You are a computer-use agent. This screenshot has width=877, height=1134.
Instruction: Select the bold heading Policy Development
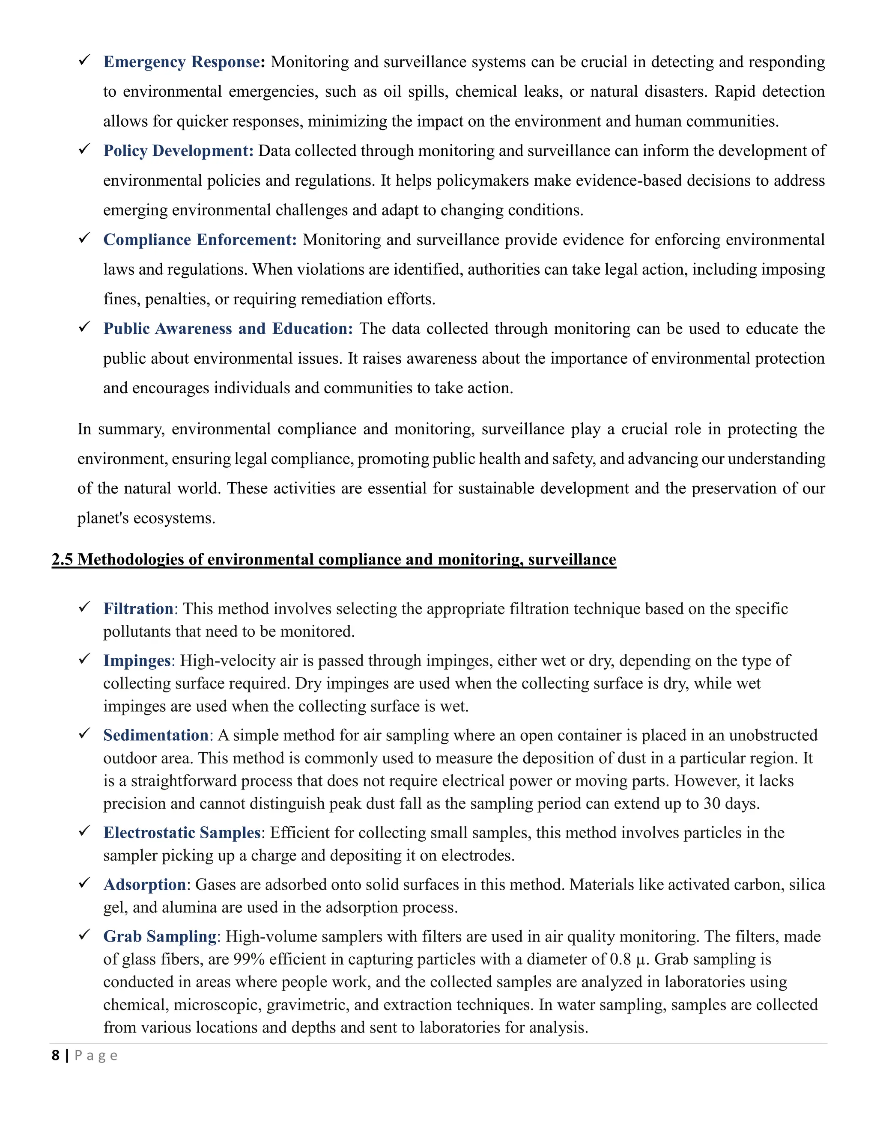178,151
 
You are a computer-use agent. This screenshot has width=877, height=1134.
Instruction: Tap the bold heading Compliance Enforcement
200,240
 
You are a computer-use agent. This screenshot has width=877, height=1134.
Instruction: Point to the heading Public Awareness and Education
227,329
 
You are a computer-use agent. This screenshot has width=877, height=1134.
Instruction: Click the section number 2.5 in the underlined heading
63,559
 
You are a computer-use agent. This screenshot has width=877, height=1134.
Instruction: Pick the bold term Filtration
138,609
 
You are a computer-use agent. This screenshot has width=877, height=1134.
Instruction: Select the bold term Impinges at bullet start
137,660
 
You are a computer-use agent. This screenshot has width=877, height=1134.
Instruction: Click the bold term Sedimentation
156,735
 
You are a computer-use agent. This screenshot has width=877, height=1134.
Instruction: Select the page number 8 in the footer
56,1056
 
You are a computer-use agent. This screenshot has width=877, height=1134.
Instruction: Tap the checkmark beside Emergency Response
85,61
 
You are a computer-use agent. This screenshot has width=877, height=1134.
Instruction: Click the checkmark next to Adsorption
85,883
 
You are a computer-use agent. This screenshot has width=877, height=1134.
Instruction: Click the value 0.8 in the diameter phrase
620,959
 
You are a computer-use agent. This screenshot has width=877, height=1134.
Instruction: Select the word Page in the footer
96,1056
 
